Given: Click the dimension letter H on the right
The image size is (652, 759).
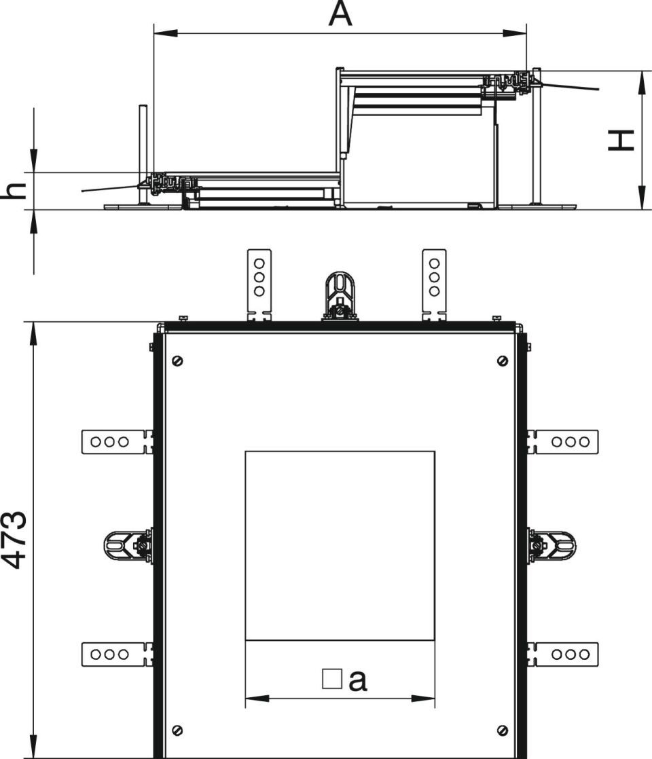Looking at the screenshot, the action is [x=621, y=141].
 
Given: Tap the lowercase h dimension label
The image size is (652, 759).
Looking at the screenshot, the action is [x=13, y=191].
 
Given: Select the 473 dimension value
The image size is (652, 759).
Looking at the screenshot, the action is [x=13, y=539].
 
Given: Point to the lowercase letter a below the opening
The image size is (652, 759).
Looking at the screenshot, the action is [x=357, y=680].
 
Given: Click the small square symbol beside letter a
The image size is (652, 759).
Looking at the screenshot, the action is [x=332, y=679].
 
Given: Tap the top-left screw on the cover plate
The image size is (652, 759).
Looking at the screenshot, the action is [x=178, y=360].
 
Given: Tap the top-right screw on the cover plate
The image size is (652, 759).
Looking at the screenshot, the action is [x=503, y=360].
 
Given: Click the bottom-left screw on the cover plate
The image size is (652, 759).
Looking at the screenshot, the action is [x=178, y=730].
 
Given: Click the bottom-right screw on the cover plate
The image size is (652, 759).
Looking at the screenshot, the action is [x=503, y=730].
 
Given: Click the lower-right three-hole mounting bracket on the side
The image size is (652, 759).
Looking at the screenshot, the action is [x=563, y=655].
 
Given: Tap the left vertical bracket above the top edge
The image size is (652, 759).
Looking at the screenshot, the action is [x=259, y=285].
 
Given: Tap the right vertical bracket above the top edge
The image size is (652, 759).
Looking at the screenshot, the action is [x=435, y=285].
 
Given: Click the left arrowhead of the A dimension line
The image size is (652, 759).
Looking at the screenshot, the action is [x=165, y=33].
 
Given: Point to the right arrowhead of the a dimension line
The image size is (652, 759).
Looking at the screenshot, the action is [x=423, y=699].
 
